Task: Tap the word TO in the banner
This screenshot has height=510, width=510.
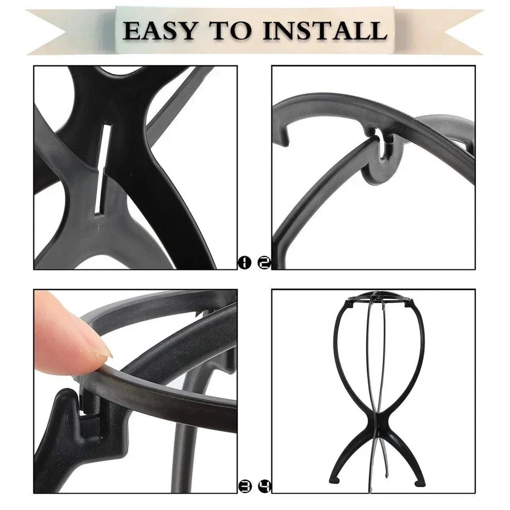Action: click(233, 30)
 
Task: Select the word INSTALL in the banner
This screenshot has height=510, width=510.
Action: click(324, 30)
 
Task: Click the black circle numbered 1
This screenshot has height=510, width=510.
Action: click(244, 262)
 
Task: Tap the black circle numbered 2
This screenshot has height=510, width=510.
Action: click(264, 262)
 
